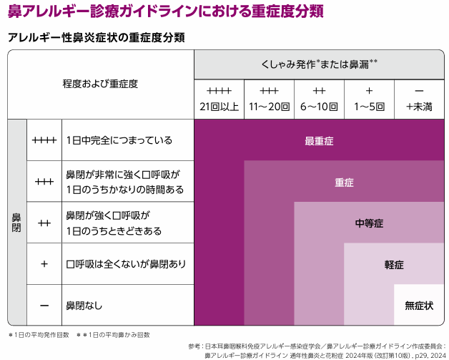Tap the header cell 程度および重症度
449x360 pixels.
[100, 84]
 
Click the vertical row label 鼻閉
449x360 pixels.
[17, 222]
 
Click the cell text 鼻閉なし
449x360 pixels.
[84, 305]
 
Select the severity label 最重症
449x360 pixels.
[319, 141]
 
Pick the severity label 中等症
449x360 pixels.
[369, 223]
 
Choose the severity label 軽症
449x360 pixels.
[394, 264]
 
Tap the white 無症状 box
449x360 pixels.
[419, 305]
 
